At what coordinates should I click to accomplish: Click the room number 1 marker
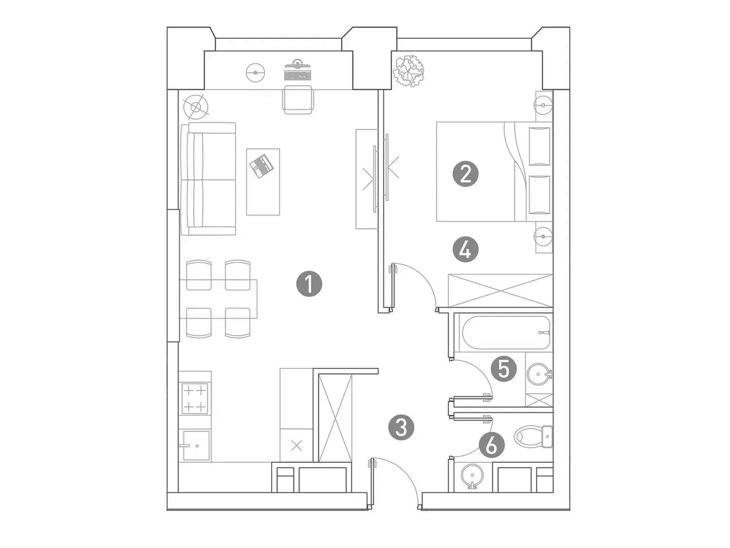[309, 284]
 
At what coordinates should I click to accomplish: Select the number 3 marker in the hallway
[401, 427]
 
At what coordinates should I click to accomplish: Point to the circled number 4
[465, 250]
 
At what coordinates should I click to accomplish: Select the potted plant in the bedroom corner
[408, 71]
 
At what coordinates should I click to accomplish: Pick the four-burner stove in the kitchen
[195, 398]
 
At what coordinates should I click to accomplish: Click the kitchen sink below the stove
[196, 445]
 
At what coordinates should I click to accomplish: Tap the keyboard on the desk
[298, 75]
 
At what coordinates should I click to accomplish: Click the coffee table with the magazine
[263, 182]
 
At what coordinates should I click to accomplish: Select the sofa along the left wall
[208, 179]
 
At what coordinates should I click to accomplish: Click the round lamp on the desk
[255, 72]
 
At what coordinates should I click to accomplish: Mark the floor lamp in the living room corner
[196, 107]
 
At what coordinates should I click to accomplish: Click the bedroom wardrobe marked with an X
[500, 290]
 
